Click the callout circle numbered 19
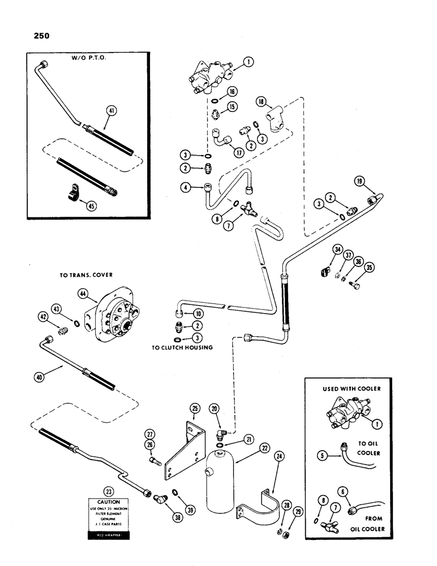click(x=361, y=182)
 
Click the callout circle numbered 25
click(x=194, y=408)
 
